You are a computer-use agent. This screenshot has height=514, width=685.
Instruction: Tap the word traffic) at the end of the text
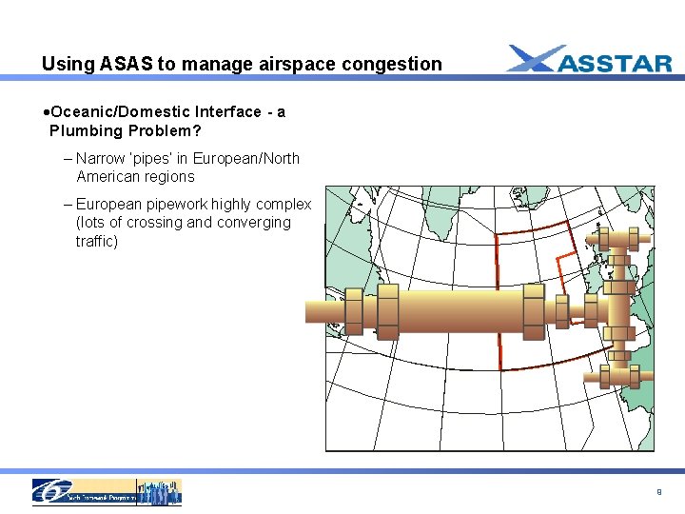(97, 242)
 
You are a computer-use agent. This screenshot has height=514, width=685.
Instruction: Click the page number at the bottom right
(658, 492)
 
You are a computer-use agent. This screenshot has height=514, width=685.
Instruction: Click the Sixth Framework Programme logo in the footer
(107, 491)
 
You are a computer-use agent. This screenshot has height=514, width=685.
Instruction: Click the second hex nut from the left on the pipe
(388, 310)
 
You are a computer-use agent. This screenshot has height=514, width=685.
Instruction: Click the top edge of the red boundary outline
(533, 227)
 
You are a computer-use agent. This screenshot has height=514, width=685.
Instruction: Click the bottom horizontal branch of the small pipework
(618, 378)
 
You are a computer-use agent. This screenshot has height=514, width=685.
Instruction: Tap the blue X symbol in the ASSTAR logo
(533, 59)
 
